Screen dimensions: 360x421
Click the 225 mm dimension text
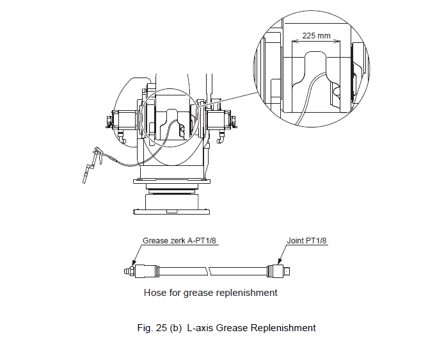tap(316, 36)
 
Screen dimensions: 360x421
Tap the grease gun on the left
tap(93, 160)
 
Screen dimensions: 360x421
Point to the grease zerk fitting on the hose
tap(127, 271)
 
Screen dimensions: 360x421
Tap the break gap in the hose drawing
tap(210, 271)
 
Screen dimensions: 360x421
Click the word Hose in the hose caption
tap(155, 293)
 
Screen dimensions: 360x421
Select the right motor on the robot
tap(218, 120)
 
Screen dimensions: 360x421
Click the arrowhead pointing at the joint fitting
tap(281, 263)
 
